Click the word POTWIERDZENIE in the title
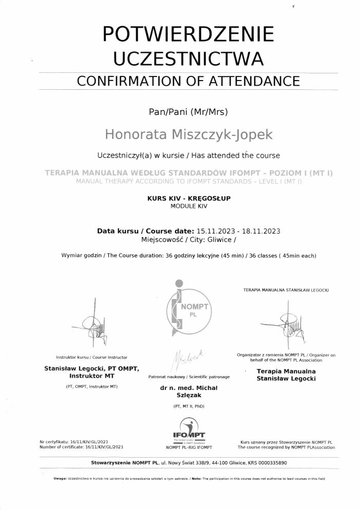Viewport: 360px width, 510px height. tap(188, 34)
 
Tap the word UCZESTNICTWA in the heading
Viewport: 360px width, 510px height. tap(188, 58)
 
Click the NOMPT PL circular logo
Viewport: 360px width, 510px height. tap(187, 307)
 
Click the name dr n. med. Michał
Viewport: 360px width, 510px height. tap(188, 388)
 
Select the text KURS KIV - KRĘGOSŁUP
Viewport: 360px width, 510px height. tap(188, 199)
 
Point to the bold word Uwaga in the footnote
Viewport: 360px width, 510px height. tap(60, 479)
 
